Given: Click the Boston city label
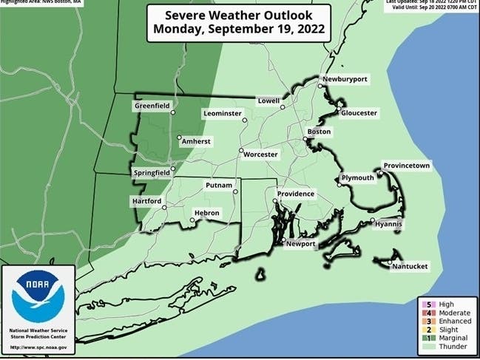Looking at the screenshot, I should coord(319,132).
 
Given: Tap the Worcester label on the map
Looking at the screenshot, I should coord(261,154).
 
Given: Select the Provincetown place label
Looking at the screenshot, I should coord(406,166).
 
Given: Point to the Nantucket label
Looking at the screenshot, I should coord(410,266).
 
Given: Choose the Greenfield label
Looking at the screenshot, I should coord(152,106).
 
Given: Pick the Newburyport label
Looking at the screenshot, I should coord(344,79).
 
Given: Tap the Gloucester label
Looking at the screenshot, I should coord(359,113).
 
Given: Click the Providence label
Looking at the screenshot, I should coord(296,194).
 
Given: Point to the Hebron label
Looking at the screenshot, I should coord(207,213).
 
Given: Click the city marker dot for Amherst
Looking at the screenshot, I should coord(179,137).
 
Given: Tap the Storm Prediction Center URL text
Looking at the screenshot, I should coord(38,347).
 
